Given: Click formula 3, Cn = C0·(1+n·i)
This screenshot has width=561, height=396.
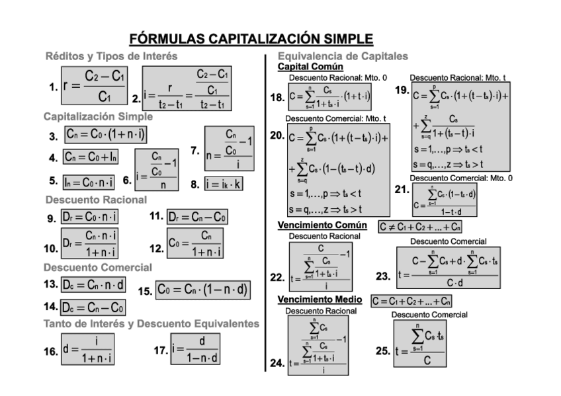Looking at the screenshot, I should (x=106, y=136).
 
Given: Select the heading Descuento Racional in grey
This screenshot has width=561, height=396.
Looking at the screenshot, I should (x=97, y=199).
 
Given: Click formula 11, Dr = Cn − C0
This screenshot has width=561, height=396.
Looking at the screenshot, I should (x=197, y=216).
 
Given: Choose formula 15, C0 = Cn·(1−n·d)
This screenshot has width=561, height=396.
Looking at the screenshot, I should (x=202, y=290).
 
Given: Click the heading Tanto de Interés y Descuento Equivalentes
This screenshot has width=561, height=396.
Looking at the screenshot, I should (x=151, y=324).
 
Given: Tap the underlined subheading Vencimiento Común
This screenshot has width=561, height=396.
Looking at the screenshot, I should (x=322, y=226).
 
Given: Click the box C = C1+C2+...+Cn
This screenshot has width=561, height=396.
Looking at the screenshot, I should (x=411, y=301).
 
